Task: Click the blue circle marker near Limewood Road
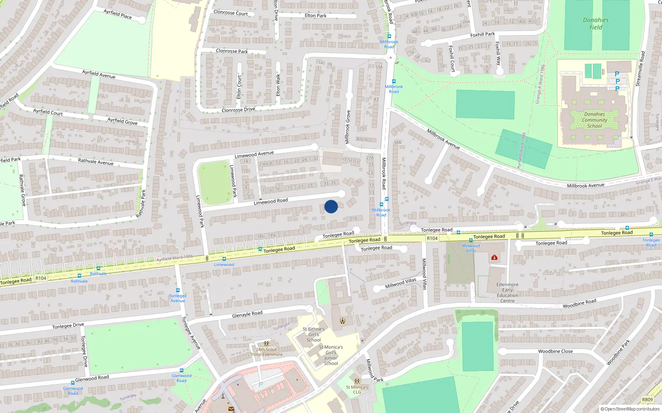click(331, 206)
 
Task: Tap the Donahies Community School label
click(595, 120)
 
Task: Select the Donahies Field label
click(595, 24)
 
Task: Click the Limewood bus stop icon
click(224, 259)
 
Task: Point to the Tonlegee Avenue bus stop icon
click(178, 290)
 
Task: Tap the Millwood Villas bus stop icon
click(470, 240)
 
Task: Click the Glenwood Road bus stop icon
click(181, 370)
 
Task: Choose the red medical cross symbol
click(494, 257)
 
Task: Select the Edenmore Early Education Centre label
click(507, 292)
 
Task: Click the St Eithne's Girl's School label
click(314, 335)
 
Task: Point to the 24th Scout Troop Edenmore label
click(266, 352)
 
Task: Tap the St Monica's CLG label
click(357, 389)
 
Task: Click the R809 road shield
click(647, 399)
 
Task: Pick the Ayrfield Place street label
click(118, 14)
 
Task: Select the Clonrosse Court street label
click(230, 13)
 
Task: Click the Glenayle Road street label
click(247, 314)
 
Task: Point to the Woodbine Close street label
click(555, 351)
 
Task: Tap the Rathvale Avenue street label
click(96, 161)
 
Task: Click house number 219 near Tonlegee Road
click(353, 219)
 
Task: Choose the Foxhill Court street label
click(451, 59)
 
